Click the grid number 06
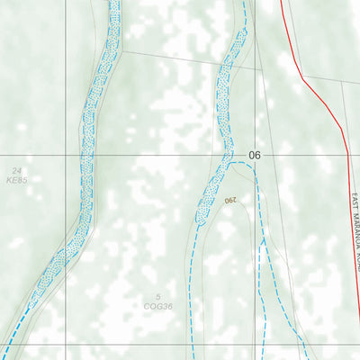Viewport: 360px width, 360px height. (x=255, y=156)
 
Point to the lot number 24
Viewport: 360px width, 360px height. (x=16, y=170)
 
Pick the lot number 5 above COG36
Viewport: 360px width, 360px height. (x=158, y=297)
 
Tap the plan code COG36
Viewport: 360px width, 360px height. (x=158, y=306)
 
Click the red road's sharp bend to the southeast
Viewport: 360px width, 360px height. (x=302, y=79)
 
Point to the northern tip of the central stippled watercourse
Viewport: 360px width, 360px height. (x=243, y=30)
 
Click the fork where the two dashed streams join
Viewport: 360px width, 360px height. (x=262, y=241)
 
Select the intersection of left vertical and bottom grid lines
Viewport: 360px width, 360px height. (x=66, y=345)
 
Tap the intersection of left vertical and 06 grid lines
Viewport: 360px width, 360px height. (x=66, y=155)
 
